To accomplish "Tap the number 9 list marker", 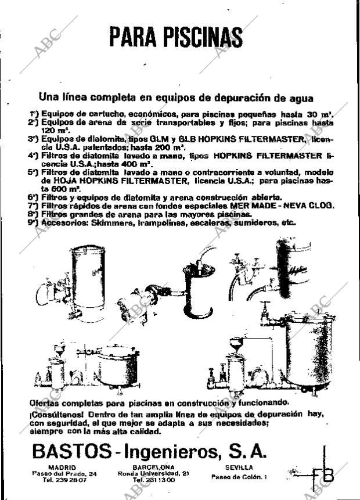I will pyautogui.click(x=33, y=222).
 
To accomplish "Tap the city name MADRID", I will pyautogui.click(x=62, y=467).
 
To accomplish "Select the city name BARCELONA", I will pyautogui.click(x=153, y=467).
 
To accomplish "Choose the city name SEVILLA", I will pyautogui.click(x=239, y=467).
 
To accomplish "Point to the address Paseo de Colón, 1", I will pyautogui.click(x=239, y=477).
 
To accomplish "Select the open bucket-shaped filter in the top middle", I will pyautogui.click(x=199, y=290).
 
